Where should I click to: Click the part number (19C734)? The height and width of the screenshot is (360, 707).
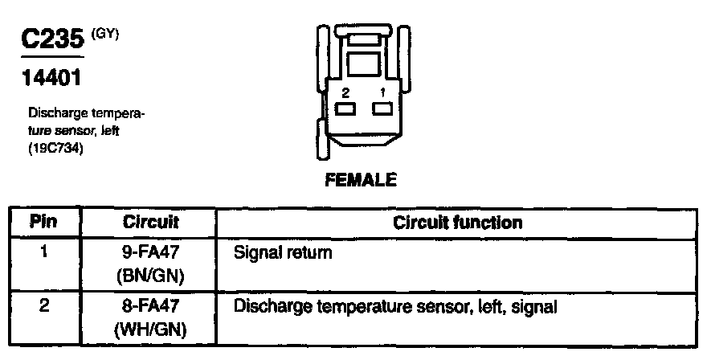(x=55, y=148)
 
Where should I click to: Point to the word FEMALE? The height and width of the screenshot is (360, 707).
(x=361, y=180)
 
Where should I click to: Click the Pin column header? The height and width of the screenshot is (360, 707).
(x=44, y=222)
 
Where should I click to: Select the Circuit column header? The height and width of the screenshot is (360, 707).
(x=151, y=222)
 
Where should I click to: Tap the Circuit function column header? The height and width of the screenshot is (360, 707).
(x=458, y=222)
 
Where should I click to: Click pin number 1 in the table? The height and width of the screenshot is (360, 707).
(x=44, y=252)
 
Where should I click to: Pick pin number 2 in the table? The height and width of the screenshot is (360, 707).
(x=44, y=306)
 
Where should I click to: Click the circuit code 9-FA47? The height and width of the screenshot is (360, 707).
(x=151, y=252)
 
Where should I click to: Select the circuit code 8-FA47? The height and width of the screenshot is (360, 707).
(x=151, y=306)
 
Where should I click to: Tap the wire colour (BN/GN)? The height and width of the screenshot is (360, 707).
(x=151, y=276)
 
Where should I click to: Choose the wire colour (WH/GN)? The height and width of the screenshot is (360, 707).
(x=151, y=329)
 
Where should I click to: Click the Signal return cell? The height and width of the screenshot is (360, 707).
(x=281, y=252)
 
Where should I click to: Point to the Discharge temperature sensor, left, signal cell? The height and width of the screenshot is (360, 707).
(x=394, y=306)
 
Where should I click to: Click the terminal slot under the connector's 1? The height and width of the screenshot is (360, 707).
(x=382, y=108)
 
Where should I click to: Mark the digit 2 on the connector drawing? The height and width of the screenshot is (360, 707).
(x=345, y=92)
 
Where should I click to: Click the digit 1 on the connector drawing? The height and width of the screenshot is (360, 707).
(x=383, y=92)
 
